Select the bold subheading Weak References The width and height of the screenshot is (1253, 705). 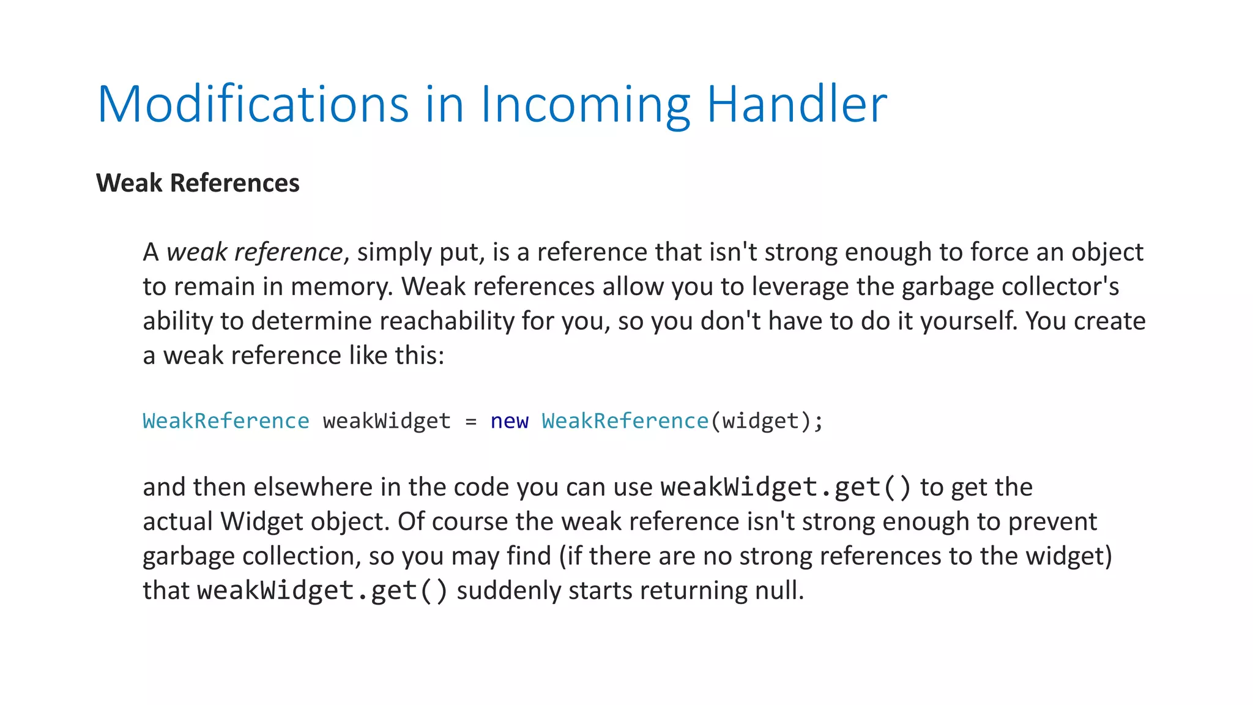[x=198, y=183]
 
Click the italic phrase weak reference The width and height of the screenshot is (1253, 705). [x=255, y=252]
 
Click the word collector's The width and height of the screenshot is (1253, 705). [x=1060, y=286]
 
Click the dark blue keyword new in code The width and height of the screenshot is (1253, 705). [x=509, y=421]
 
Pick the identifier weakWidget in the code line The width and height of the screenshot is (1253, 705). [x=387, y=421]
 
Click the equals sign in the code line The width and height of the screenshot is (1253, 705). [x=470, y=421]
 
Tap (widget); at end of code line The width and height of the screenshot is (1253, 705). [x=767, y=421]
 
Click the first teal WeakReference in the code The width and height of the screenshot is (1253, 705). [x=226, y=421]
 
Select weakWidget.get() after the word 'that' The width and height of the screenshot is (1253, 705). [x=322, y=591]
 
